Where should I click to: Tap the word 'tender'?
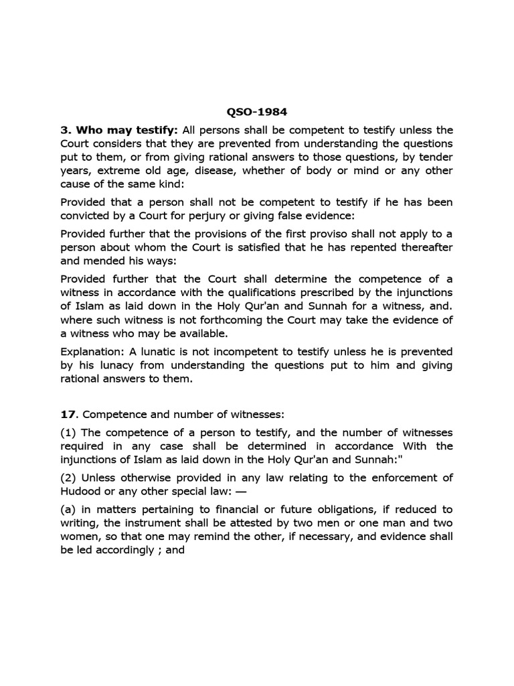[434, 158]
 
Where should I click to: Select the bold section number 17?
[67, 415]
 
